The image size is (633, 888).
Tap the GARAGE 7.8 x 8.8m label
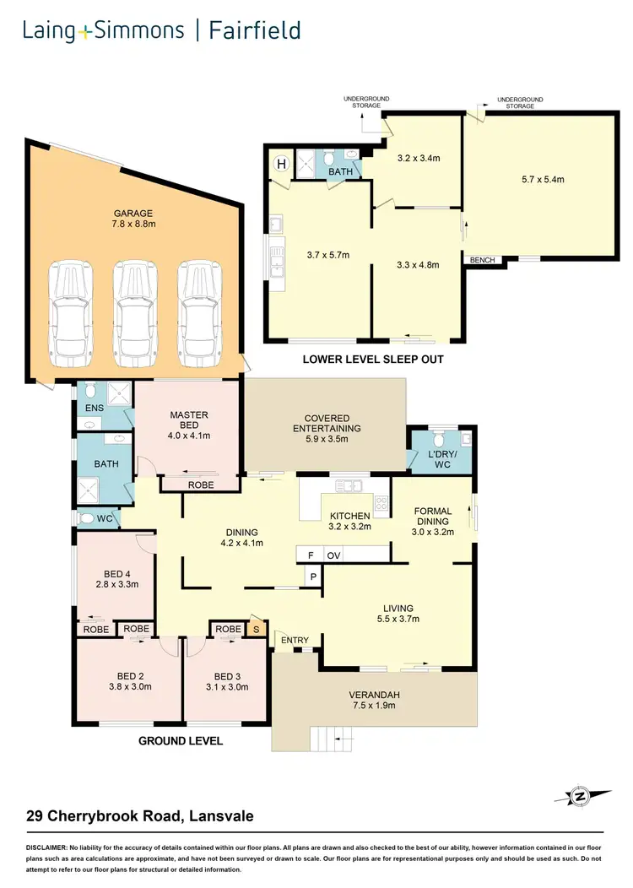click(x=134, y=219)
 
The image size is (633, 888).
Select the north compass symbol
click(x=582, y=796)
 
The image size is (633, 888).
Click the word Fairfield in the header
click(x=254, y=32)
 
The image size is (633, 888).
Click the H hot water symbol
click(x=281, y=164)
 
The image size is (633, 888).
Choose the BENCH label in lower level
click(x=482, y=260)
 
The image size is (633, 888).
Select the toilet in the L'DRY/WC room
click(x=437, y=441)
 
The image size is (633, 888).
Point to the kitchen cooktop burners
click(x=381, y=505)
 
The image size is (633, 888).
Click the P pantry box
click(x=312, y=577)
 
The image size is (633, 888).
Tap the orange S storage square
click(x=257, y=629)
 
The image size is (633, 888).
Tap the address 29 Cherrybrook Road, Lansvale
click(x=139, y=816)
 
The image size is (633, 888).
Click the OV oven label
click(x=333, y=555)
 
